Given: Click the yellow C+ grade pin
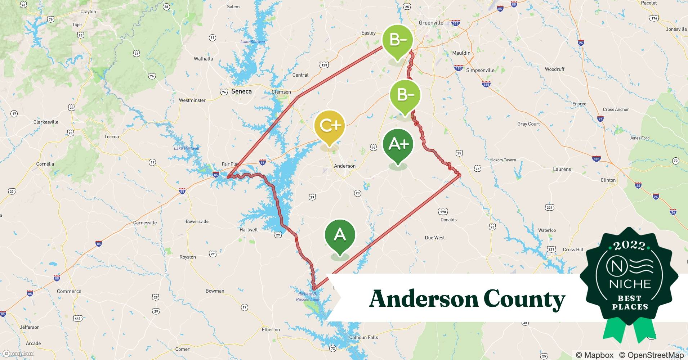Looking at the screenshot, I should pos(329,126).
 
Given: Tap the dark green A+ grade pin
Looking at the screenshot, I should pos(398,144).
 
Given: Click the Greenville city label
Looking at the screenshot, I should pos(431,23).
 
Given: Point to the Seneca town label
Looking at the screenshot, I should pos(241,91).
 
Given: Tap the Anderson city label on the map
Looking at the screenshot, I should pos(344,166).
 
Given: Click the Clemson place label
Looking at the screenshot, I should pos(281,92).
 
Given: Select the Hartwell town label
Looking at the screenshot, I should pos(249,230).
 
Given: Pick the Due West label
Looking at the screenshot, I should pos(434,238).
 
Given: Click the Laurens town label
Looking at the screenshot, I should pos(562,169).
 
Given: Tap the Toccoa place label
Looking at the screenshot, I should pos(111,137).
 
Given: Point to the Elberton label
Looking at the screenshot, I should pos(271,329).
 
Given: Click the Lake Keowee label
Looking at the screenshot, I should pos(253,42).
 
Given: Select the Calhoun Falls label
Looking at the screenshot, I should pos(363,337).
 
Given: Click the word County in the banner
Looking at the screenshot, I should pos(524,299).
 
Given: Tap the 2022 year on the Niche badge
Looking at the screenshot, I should pos(629,246).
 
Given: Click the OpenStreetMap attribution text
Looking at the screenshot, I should pos(651,355).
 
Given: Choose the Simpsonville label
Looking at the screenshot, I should pos(480,70).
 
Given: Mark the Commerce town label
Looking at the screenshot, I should pos(69,291).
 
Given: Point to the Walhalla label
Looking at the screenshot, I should pos(203,59).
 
